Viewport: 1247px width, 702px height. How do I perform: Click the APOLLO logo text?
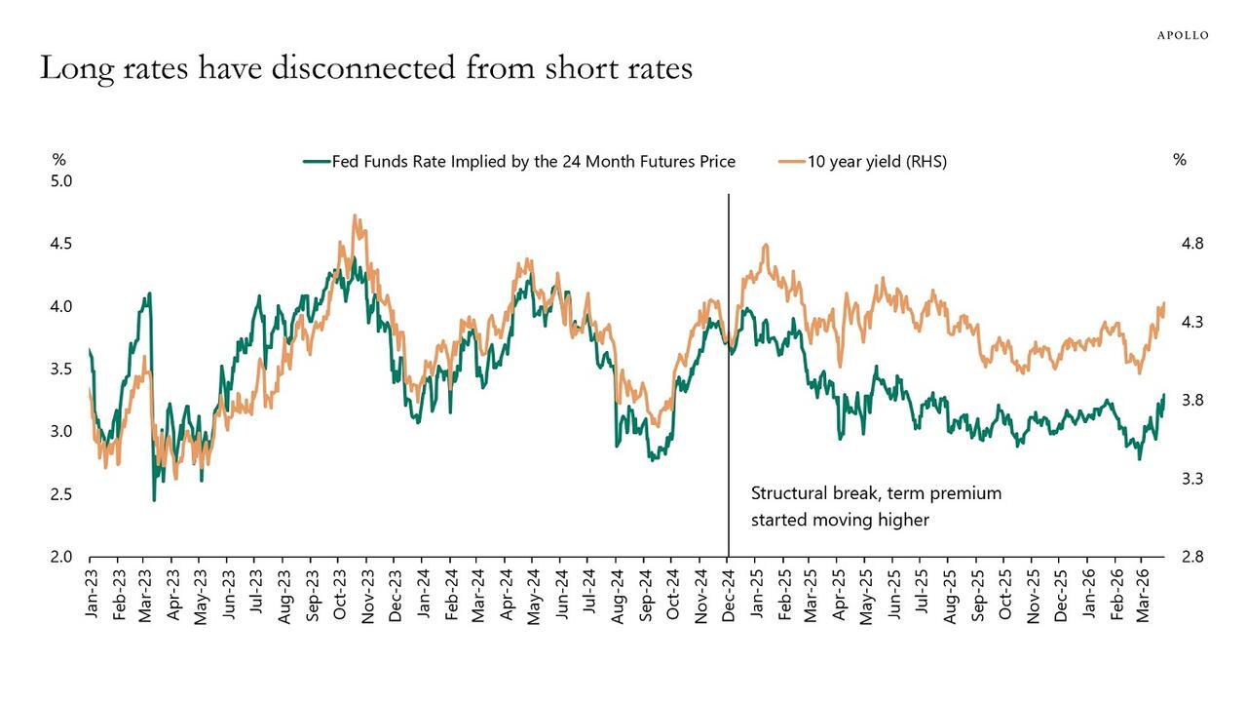(x=1182, y=35)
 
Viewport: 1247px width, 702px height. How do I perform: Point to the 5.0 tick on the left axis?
(x=61, y=181)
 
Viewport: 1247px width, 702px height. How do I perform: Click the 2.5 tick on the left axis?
(x=61, y=494)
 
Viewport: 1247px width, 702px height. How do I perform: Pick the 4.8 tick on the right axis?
(x=1191, y=244)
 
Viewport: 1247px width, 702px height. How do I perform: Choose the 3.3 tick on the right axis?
(x=1191, y=479)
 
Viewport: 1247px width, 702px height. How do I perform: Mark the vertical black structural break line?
(x=729, y=390)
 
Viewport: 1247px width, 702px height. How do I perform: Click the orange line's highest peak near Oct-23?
(x=356, y=216)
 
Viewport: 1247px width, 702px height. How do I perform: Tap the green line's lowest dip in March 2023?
(x=154, y=499)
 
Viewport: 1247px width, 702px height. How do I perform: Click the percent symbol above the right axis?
(x=1179, y=160)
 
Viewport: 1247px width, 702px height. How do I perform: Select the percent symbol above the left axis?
(x=59, y=160)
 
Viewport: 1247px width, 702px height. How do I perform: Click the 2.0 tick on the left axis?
(x=61, y=557)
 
